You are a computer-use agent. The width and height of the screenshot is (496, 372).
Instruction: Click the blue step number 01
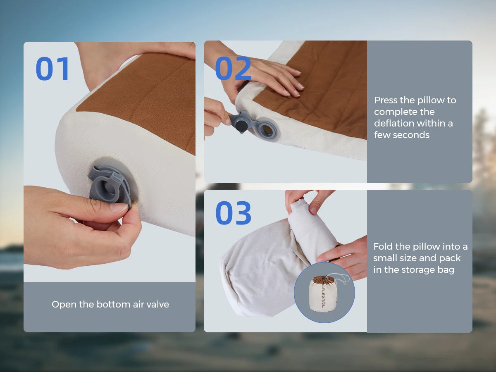pyautogui.click(x=52, y=69)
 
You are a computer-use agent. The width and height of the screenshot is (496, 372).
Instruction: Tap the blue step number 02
pyautogui.click(x=233, y=68)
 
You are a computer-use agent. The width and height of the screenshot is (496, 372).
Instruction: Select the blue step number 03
pyautogui.click(x=233, y=213)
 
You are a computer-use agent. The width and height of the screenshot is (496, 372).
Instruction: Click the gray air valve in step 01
pyautogui.click(x=110, y=186)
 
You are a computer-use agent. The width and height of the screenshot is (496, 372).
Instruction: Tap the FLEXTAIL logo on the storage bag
pyautogui.click(x=323, y=298)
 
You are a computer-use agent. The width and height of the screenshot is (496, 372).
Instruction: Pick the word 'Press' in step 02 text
pyautogui.click(x=386, y=100)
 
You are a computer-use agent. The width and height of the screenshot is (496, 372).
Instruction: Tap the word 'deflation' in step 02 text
pyautogui.click(x=395, y=123)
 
